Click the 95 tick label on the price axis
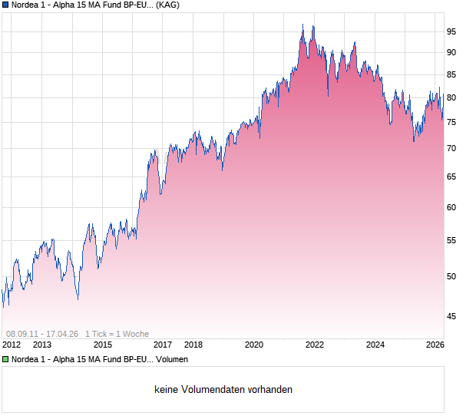(451, 31)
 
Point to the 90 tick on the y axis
(451, 52)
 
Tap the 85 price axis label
(451, 74)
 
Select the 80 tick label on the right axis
(451, 97)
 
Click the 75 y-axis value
(451, 122)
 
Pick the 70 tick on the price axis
(451, 148)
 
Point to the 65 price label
(451, 177)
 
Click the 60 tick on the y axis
(451, 207)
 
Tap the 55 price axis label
(451, 240)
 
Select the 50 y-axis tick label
(451, 276)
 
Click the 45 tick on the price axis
(451, 315)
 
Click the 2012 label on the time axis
(11, 345)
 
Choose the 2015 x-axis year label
(103, 345)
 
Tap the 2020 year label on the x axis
(254, 345)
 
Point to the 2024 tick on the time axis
(375, 345)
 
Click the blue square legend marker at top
(5, 5)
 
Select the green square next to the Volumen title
(5, 359)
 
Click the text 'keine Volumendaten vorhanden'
(223, 390)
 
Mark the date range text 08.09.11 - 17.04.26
(42, 334)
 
